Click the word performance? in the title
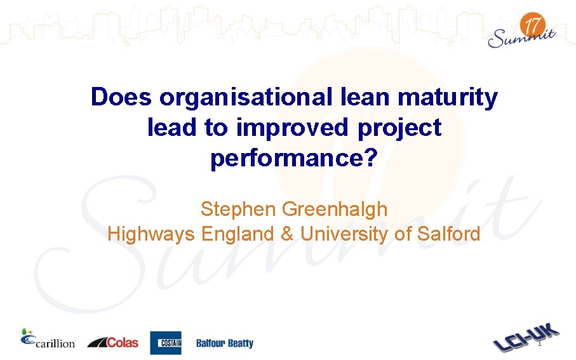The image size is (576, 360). pyautogui.click(x=293, y=159)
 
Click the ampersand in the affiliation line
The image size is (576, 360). pyautogui.click(x=287, y=234)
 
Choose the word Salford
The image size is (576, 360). pyautogui.click(x=448, y=234)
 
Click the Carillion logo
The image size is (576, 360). pyautogui.click(x=48, y=340)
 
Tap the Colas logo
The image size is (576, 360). pyautogui.click(x=112, y=342)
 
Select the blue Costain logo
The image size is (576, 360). pyautogui.click(x=166, y=343)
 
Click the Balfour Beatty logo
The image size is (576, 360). pyautogui.click(x=224, y=343)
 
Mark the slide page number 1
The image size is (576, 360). pyautogui.click(x=539, y=343)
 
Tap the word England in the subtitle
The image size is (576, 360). pyautogui.click(x=237, y=234)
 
